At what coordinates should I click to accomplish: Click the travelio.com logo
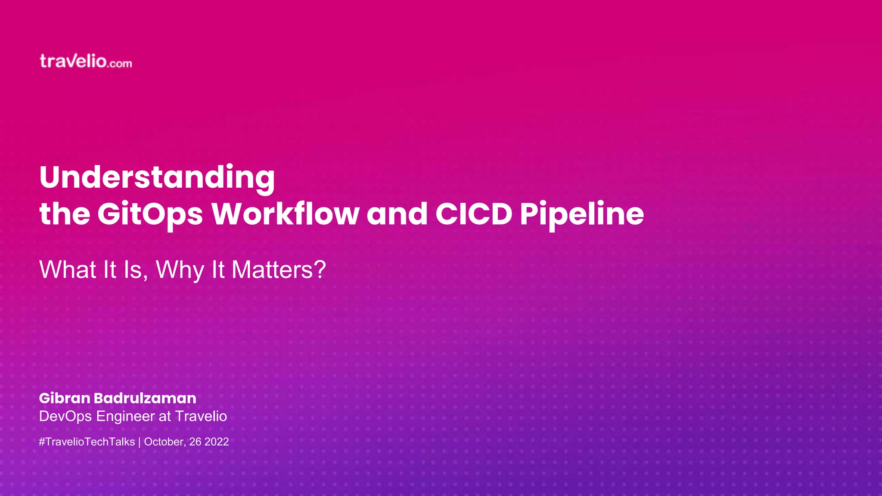click(86, 62)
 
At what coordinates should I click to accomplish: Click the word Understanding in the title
click(157, 177)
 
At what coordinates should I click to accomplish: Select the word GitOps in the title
click(150, 214)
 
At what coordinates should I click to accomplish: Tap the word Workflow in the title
click(285, 214)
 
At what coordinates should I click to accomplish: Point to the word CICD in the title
click(474, 214)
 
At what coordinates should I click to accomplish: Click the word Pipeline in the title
click(582, 214)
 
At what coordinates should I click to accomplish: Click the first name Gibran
click(65, 398)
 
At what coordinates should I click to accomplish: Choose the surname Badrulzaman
click(145, 398)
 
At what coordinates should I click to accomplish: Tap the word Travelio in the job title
click(201, 416)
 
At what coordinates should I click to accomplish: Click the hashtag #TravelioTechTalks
click(87, 442)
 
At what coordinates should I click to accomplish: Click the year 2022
click(217, 442)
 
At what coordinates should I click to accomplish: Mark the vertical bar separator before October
click(140, 442)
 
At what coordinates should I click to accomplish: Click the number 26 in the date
click(195, 442)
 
